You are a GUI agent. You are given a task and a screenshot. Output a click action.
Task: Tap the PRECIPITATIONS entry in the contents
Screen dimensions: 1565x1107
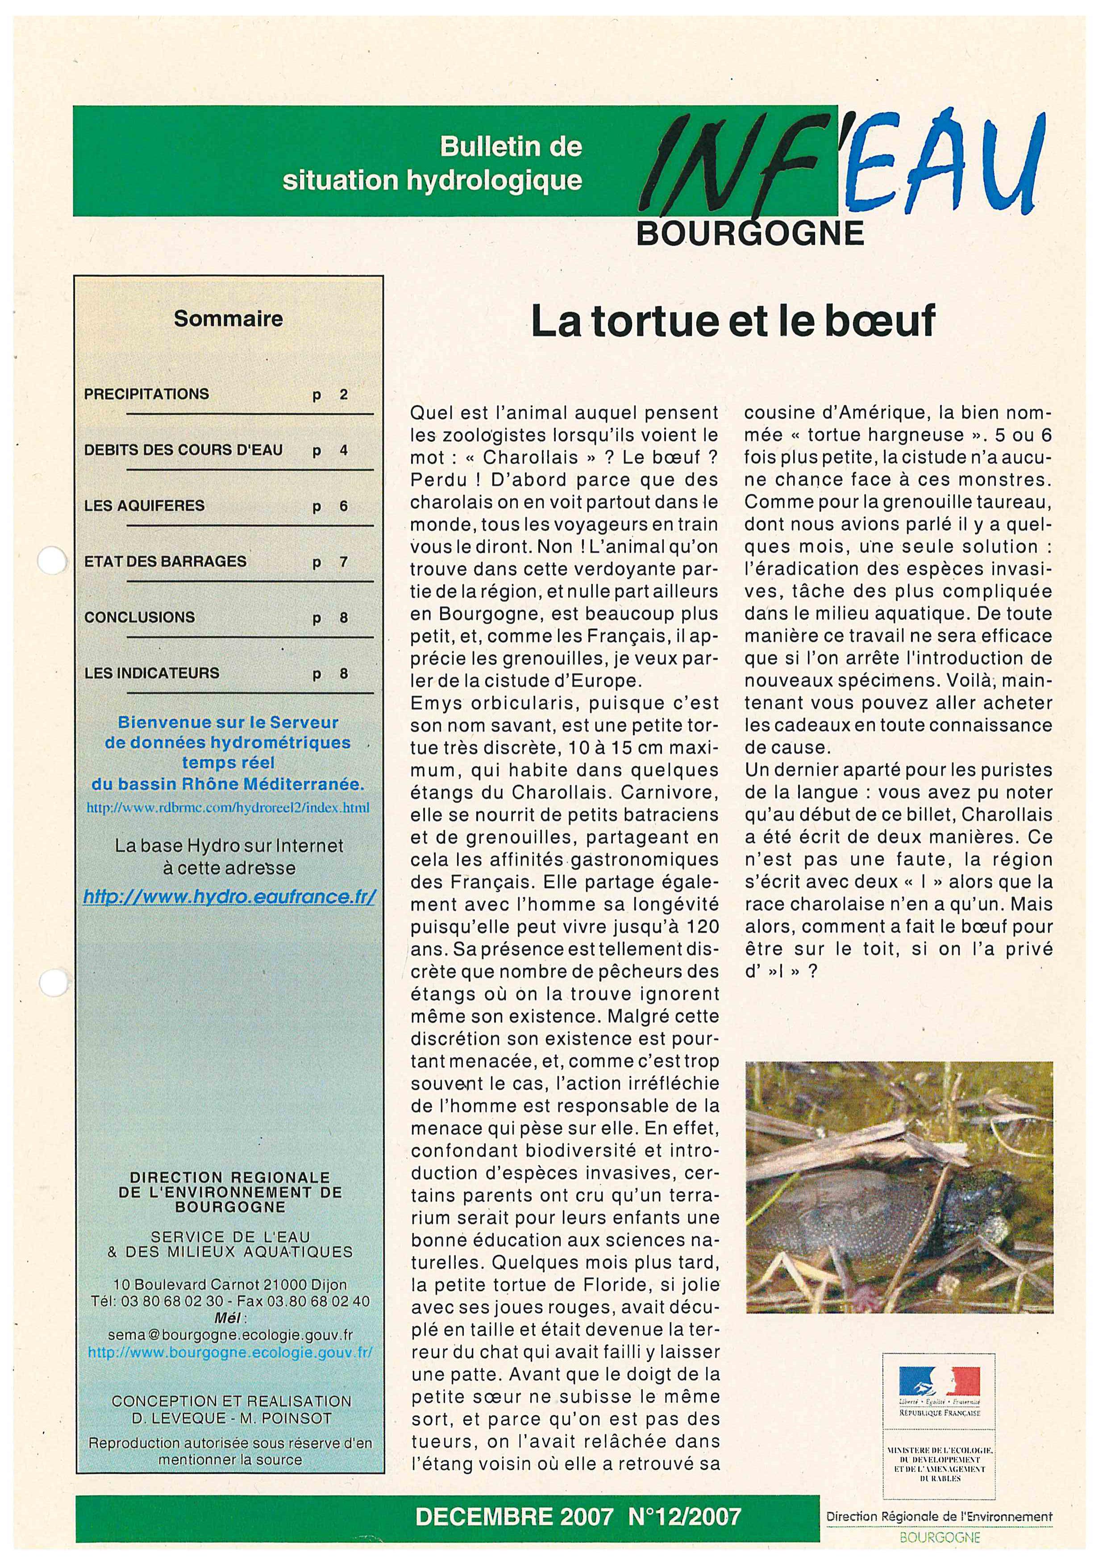coord(146,394)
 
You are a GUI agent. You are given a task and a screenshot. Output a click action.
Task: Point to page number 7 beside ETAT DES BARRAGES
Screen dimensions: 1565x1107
coord(344,562)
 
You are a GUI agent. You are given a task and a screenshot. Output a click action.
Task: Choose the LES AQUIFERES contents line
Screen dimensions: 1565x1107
coord(145,506)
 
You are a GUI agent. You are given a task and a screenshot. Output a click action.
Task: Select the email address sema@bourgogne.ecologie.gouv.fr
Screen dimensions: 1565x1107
coord(230,1335)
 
